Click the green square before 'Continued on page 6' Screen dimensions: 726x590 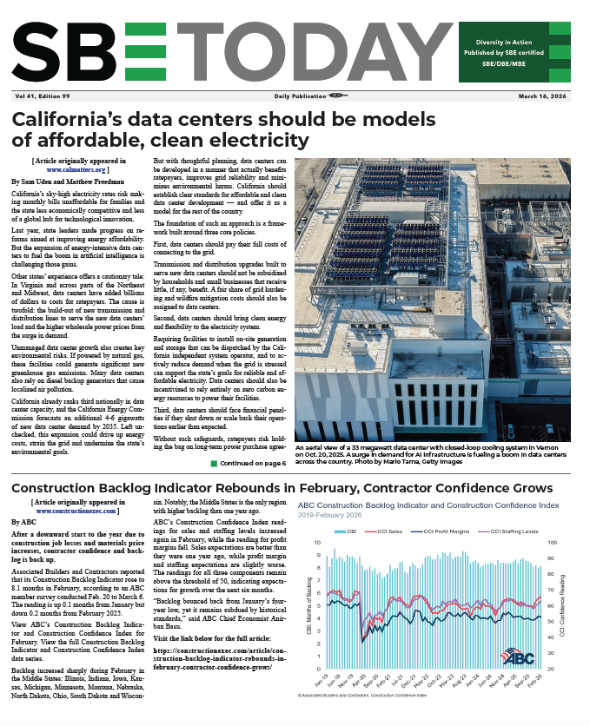[x=213, y=464]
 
